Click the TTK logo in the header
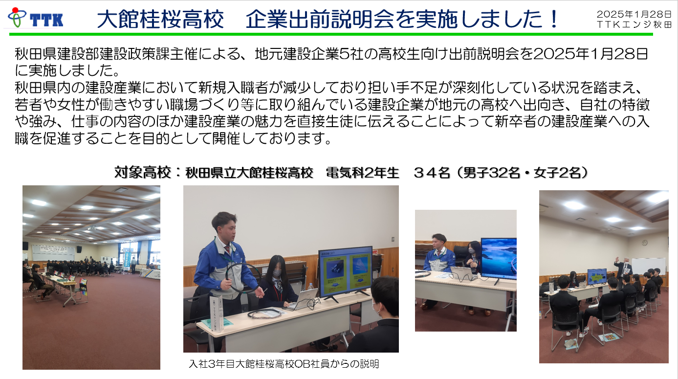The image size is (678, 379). click(x=35, y=18)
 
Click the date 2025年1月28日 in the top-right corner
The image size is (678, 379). click(x=634, y=14)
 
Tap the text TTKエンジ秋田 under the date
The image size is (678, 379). click(x=634, y=24)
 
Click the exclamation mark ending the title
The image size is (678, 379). click(x=554, y=19)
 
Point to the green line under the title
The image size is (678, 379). click(x=331, y=34)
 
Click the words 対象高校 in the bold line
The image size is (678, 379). click(x=143, y=173)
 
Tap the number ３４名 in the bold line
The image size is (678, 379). click(x=432, y=173)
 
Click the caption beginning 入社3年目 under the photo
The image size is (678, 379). click(x=284, y=363)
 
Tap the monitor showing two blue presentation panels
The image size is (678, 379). click(x=346, y=272)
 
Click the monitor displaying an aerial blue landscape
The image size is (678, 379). click(x=499, y=259)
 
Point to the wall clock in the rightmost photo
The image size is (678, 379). click(x=644, y=243)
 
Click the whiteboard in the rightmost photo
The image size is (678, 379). click(x=648, y=266)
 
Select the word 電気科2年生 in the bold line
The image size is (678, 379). click(x=363, y=173)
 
